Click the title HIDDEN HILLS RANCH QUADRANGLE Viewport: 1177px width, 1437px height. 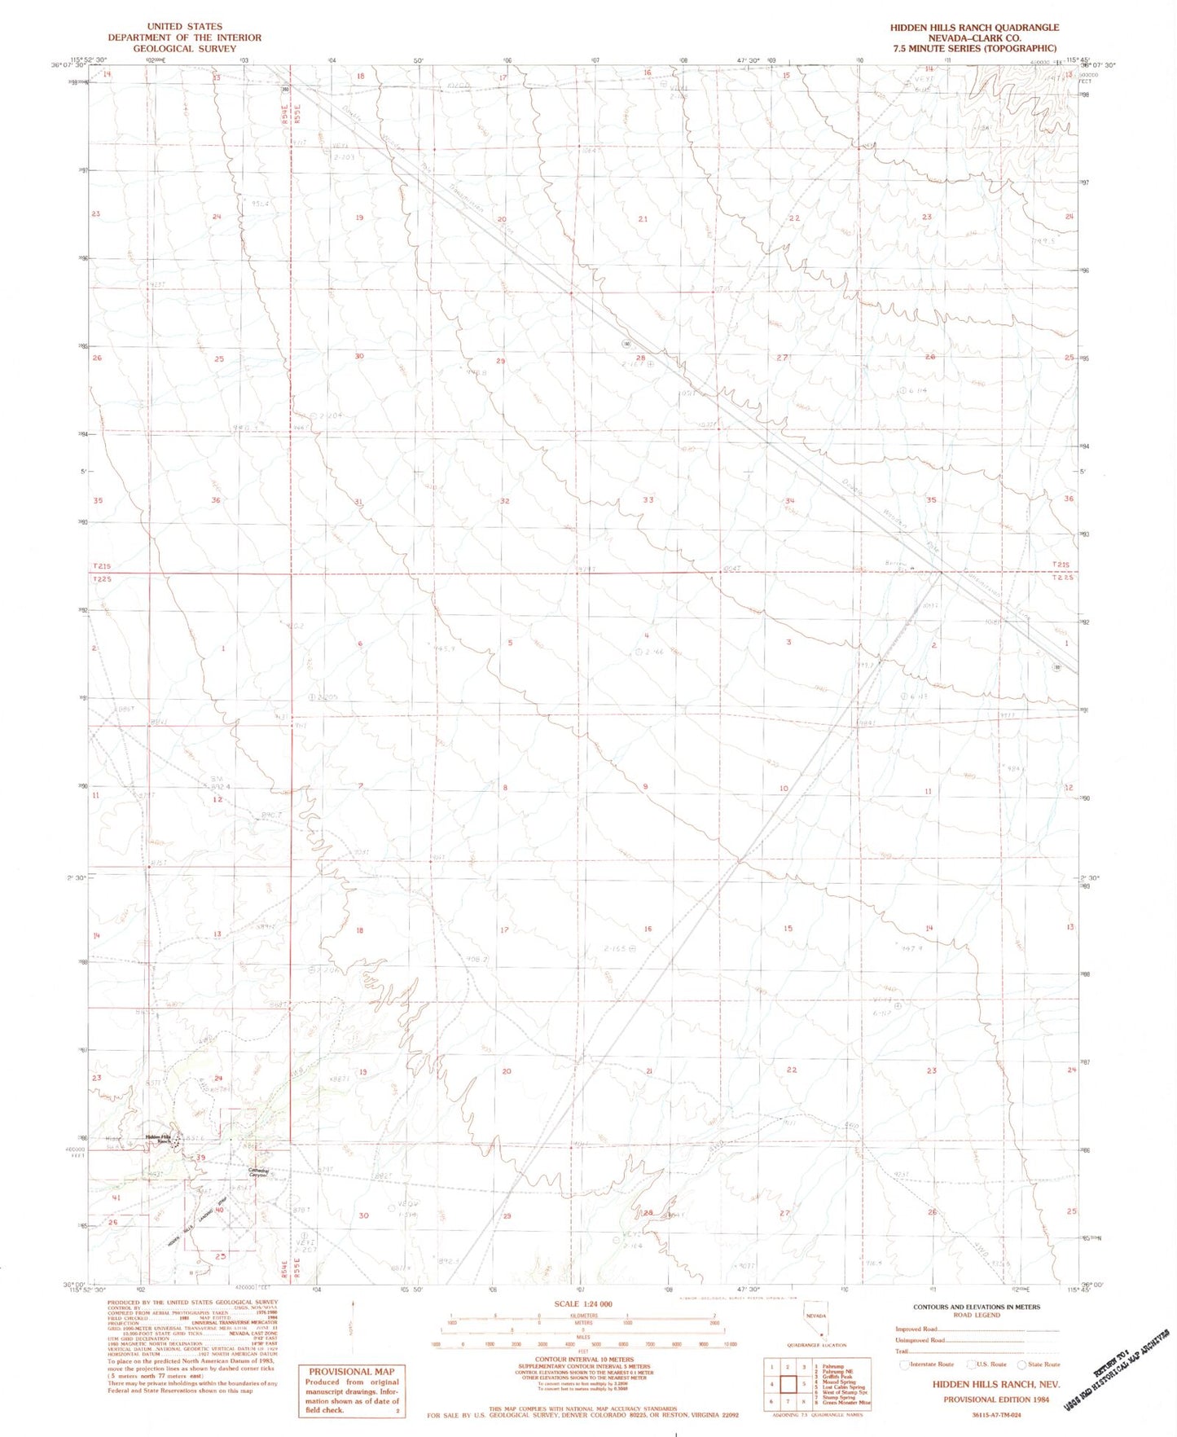click(x=974, y=27)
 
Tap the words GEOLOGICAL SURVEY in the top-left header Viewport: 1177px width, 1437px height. click(x=184, y=49)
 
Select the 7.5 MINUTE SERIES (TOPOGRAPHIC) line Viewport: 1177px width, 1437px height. click(x=974, y=49)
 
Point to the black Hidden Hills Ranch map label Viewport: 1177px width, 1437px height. click(x=159, y=1139)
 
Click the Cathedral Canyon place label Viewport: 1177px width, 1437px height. click(x=258, y=1173)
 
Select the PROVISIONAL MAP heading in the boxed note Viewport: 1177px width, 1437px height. click(x=351, y=1371)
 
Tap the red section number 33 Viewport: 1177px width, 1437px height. click(x=648, y=499)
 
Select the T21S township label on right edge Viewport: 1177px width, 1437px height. click(x=1060, y=565)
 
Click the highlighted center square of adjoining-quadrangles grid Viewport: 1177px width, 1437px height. click(x=788, y=1383)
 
